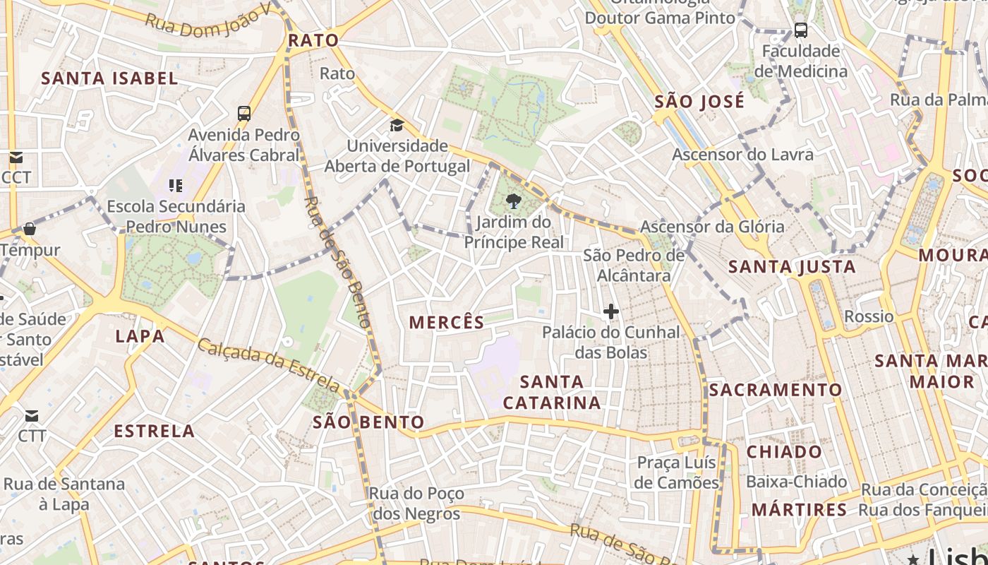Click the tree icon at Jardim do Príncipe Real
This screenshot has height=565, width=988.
(x=514, y=202)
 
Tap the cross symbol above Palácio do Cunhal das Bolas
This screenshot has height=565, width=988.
(x=611, y=311)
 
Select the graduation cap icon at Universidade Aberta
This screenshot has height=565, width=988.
(x=397, y=126)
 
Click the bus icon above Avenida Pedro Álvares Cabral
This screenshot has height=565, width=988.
(x=244, y=113)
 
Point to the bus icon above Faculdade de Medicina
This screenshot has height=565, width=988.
(x=800, y=30)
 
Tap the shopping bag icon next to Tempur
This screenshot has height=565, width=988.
(x=30, y=229)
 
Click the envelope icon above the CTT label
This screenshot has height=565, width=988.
(x=32, y=415)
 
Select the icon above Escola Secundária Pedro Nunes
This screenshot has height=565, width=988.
(x=175, y=186)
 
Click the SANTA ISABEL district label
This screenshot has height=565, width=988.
(x=109, y=78)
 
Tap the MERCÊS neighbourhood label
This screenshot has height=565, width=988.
(x=447, y=323)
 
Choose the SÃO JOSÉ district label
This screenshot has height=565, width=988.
(x=699, y=102)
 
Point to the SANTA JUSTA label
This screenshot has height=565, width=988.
(x=792, y=267)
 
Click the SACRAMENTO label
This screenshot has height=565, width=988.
(x=775, y=390)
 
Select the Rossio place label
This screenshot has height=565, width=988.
(x=869, y=316)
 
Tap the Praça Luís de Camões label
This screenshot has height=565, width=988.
(x=676, y=472)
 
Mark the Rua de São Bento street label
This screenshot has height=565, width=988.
(x=337, y=261)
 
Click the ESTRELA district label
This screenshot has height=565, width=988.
(x=154, y=431)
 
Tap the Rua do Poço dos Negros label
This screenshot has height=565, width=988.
(x=417, y=503)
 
